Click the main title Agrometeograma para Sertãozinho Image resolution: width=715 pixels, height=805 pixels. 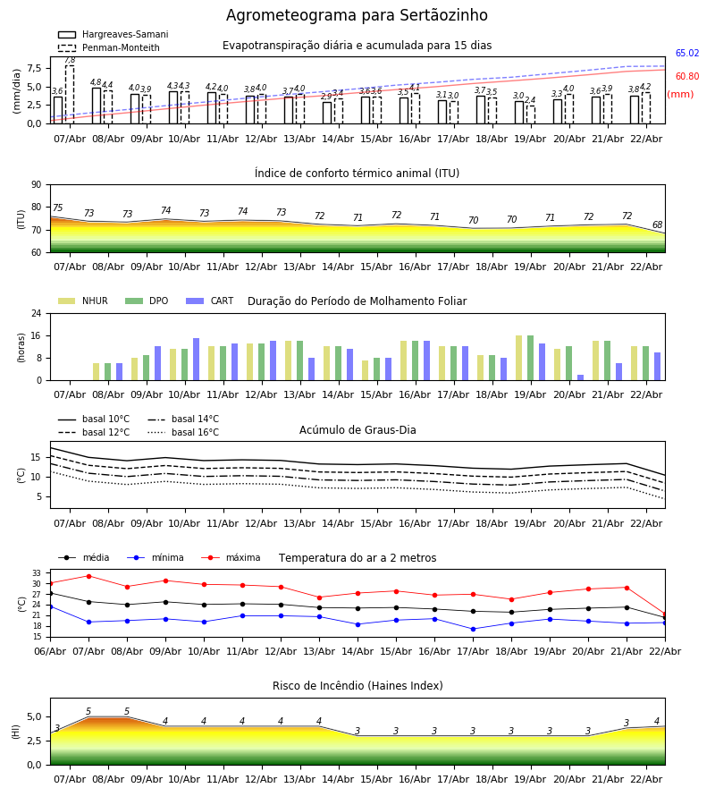pyautogui.click(x=357, y=16)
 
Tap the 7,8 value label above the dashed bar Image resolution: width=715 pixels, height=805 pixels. pyautogui.click(x=70, y=60)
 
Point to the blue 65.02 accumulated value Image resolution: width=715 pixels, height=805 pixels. pyautogui.click(x=686, y=54)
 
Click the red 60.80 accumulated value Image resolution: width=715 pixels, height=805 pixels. pyautogui.click(x=686, y=77)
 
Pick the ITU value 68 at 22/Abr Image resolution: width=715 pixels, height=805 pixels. pyautogui.click(x=657, y=225)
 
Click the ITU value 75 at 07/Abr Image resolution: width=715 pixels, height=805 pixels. pyautogui.click(x=57, y=208)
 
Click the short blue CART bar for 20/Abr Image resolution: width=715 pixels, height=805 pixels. pyautogui.click(x=580, y=377)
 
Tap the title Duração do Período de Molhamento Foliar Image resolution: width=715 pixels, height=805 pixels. pyautogui.click(x=357, y=301)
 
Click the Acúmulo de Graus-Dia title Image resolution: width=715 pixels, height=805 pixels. pyautogui.click(x=357, y=430)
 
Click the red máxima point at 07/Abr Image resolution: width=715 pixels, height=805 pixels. pyautogui.click(x=88, y=576)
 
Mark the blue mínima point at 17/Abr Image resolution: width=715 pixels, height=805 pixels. pyautogui.click(x=473, y=629)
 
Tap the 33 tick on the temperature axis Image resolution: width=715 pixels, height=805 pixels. pyautogui.click(x=37, y=573)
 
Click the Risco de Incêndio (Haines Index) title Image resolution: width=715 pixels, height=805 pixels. pyautogui.click(x=357, y=686)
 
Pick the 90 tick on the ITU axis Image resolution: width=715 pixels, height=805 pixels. pyautogui.click(x=36, y=185)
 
